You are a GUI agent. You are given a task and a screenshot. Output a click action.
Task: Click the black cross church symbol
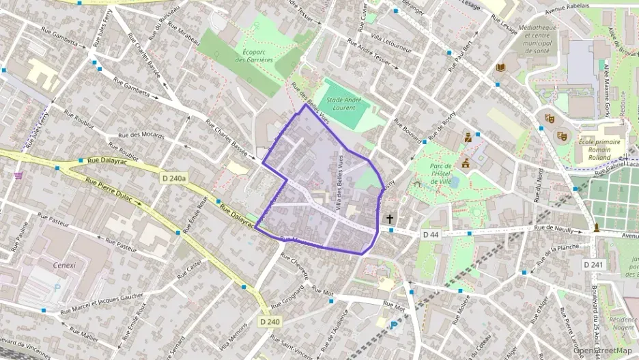(x=390, y=219)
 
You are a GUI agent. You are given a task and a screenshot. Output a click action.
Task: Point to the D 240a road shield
(x=175, y=178)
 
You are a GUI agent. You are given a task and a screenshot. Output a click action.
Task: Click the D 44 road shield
(x=431, y=234)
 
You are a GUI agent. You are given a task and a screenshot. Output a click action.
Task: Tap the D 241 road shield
(x=594, y=264)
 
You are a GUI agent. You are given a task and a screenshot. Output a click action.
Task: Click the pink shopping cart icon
(x=18, y=176)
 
